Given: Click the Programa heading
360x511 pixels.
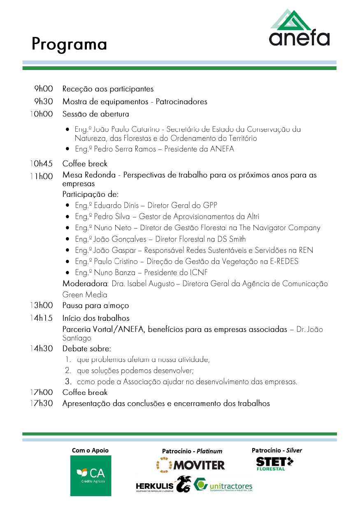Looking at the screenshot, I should [x=69, y=44].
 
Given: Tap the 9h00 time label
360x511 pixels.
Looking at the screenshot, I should [x=44, y=89].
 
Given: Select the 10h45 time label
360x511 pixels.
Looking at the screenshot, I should [x=41, y=164].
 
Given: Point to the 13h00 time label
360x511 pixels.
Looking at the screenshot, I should [x=41, y=306].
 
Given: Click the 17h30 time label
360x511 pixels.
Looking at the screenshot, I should [x=41, y=404].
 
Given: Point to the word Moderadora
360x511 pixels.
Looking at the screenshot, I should [x=85, y=284].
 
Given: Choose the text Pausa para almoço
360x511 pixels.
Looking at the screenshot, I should [x=95, y=306].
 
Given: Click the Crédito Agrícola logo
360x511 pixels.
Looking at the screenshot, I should [x=91, y=476].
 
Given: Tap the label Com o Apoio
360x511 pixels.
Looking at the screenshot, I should [x=90, y=450].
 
